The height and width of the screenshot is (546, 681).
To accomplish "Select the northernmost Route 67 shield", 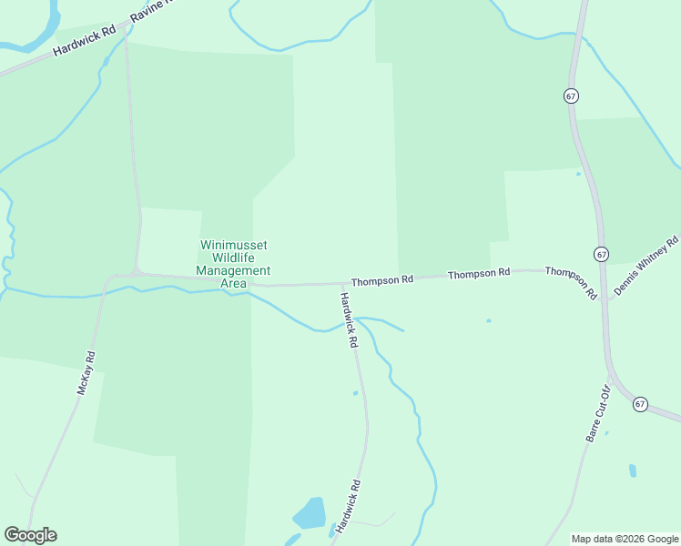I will [x=571, y=96].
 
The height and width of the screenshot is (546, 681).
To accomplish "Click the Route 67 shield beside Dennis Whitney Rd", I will [x=601, y=253].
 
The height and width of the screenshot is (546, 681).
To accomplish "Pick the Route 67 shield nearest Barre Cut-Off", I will [x=640, y=404].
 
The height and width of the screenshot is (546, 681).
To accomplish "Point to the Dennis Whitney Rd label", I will [x=646, y=266].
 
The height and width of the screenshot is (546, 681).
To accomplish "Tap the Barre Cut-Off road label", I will [x=597, y=413].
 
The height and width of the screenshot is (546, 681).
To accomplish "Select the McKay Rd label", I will [x=86, y=372].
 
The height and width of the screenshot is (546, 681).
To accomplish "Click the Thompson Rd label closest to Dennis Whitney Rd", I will [x=571, y=282].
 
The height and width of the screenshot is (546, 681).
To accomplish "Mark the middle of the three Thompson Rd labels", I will [x=479, y=273].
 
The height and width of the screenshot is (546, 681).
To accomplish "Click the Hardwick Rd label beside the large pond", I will [x=348, y=506].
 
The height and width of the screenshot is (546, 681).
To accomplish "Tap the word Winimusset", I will [x=234, y=245].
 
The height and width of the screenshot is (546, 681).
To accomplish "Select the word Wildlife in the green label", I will [x=233, y=258].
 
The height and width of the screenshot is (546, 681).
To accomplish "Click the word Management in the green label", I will [x=233, y=270].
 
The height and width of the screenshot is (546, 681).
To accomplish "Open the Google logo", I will [x=30, y=535].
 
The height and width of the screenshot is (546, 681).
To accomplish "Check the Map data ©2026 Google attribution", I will [x=625, y=539].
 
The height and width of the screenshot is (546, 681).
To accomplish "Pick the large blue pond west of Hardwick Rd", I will [x=310, y=513].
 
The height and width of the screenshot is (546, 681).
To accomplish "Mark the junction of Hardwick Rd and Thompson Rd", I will [x=338, y=284].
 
